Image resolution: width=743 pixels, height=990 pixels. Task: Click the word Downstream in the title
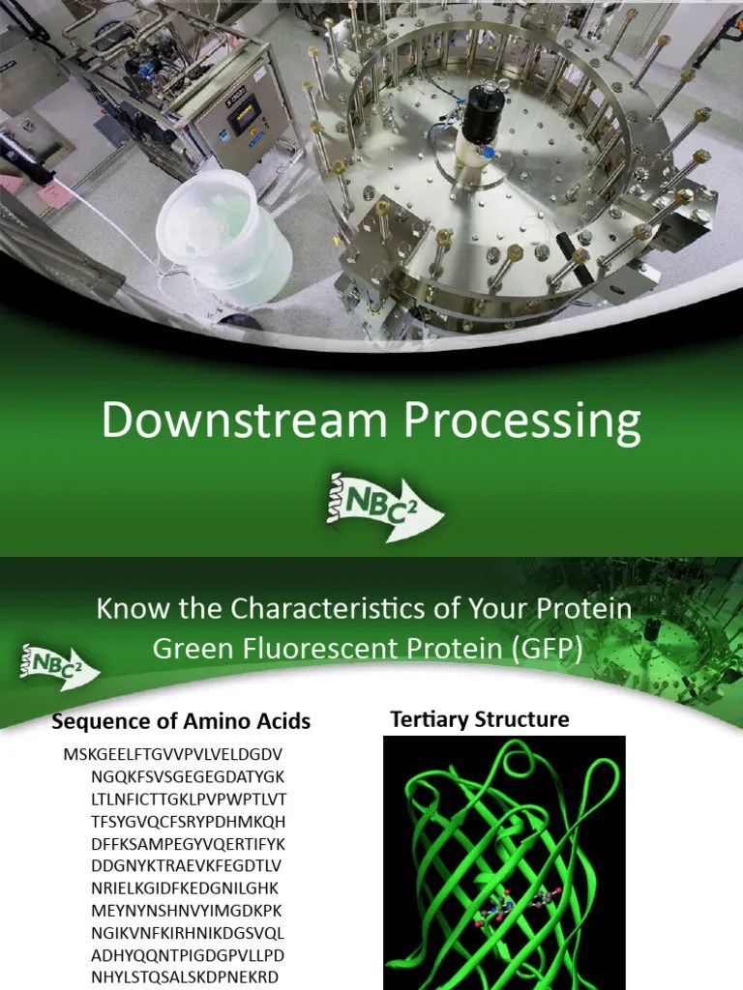point(229,424)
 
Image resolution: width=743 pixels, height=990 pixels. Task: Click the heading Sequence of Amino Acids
point(181,721)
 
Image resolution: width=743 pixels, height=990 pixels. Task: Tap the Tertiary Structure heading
point(480,719)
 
